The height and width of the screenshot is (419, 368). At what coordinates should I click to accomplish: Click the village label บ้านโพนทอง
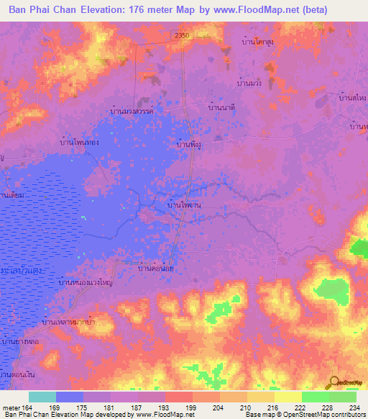point(80,143)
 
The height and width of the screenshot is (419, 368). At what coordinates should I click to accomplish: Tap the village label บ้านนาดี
point(222,107)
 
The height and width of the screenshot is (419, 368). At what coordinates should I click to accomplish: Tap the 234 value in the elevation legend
point(356,407)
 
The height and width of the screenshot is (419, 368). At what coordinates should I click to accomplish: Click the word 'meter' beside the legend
point(9,407)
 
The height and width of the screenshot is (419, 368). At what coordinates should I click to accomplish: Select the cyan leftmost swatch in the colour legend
point(42,397)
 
